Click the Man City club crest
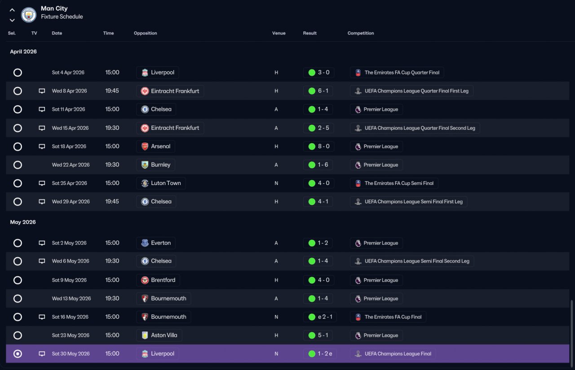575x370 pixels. (28, 15)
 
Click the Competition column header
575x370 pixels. (360, 33)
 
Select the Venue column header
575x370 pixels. (279, 33)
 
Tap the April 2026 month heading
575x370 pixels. (23, 52)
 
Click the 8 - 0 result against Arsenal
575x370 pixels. (323, 146)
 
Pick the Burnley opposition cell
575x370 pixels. (155, 165)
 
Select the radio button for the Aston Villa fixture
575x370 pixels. (18, 335)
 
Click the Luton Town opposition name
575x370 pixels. (166, 183)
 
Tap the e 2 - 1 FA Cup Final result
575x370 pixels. (325, 317)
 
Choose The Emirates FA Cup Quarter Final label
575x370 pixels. (402, 73)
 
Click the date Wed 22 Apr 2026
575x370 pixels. (71, 165)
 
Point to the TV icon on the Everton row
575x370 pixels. (42, 243)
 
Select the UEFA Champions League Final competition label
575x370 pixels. (398, 354)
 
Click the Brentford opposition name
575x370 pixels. (163, 280)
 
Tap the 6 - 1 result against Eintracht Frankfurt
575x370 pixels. (323, 91)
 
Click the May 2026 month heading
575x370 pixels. (23, 222)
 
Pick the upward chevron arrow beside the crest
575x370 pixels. (12, 10)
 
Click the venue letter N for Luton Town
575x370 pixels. (276, 183)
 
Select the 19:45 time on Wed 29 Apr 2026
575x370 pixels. (112, 202)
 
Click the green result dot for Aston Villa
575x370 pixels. (312, 335)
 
